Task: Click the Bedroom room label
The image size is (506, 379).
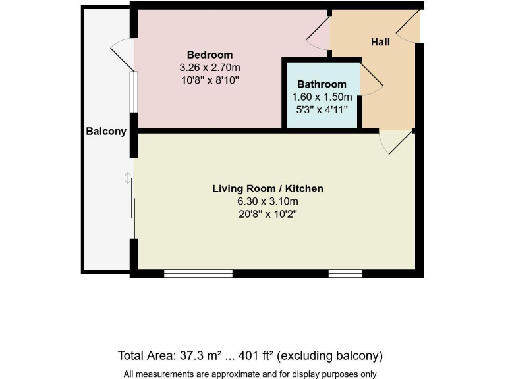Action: coord(210,55)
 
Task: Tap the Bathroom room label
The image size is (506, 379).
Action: coord(322,84)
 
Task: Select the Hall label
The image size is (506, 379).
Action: coord(380,42)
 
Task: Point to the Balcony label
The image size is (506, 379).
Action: coord(106,131)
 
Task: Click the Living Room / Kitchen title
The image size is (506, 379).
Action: coord(267,189)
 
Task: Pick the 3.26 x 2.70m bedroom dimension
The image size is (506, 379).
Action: coord(210,67)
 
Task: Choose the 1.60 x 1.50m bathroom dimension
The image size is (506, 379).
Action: coord(322,97)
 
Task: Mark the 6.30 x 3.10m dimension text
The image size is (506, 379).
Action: coord(267,201)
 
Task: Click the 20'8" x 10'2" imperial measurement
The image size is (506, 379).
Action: coord(267,214)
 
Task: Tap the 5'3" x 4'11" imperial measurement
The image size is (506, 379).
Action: coord(322,109)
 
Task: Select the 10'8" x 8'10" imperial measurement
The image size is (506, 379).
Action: coord(210,80)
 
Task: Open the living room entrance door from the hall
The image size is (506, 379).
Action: coord(395,141)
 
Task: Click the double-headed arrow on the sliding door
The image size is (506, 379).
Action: coord(127,178)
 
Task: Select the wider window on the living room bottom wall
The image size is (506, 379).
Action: coord(198,274)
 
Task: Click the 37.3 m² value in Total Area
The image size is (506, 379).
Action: coord(205,356)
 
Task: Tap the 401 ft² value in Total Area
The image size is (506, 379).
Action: coord(259,356)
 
